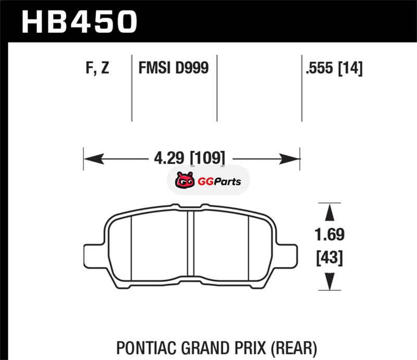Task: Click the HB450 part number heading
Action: tap(79, 22)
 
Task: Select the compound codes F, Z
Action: tap(97, 68)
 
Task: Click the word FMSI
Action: tap(154, 68)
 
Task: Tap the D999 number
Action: tap(192, 68)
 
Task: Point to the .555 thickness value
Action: tap(320, 68)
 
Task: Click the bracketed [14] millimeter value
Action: tap(350, 68)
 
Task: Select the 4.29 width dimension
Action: tap(169, 158)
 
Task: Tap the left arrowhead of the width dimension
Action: tap(94, 159)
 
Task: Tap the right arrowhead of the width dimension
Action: tap(290, 159)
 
